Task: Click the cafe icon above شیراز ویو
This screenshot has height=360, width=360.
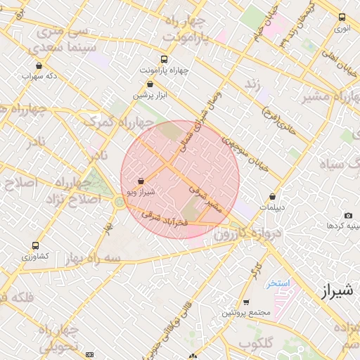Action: point(141,181)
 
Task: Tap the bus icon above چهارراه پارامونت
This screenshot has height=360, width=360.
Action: point(165,60)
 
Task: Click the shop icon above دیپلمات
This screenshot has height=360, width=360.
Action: point(272,198)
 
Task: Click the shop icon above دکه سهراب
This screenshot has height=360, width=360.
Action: point(39,65)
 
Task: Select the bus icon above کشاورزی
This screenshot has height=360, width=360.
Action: point(35,246)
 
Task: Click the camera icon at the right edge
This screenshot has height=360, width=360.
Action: point(348,215)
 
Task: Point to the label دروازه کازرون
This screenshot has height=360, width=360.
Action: point(264,233)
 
